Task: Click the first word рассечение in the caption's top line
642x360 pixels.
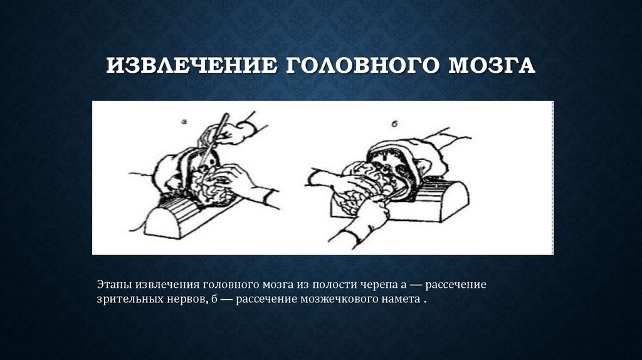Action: tap(455, 285)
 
